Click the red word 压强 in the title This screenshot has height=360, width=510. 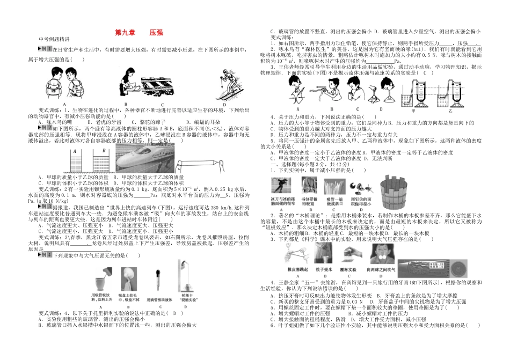pyautogui.click(x=156, y=32)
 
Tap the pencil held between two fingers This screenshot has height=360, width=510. pyautogui.click(x=198, y=163)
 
